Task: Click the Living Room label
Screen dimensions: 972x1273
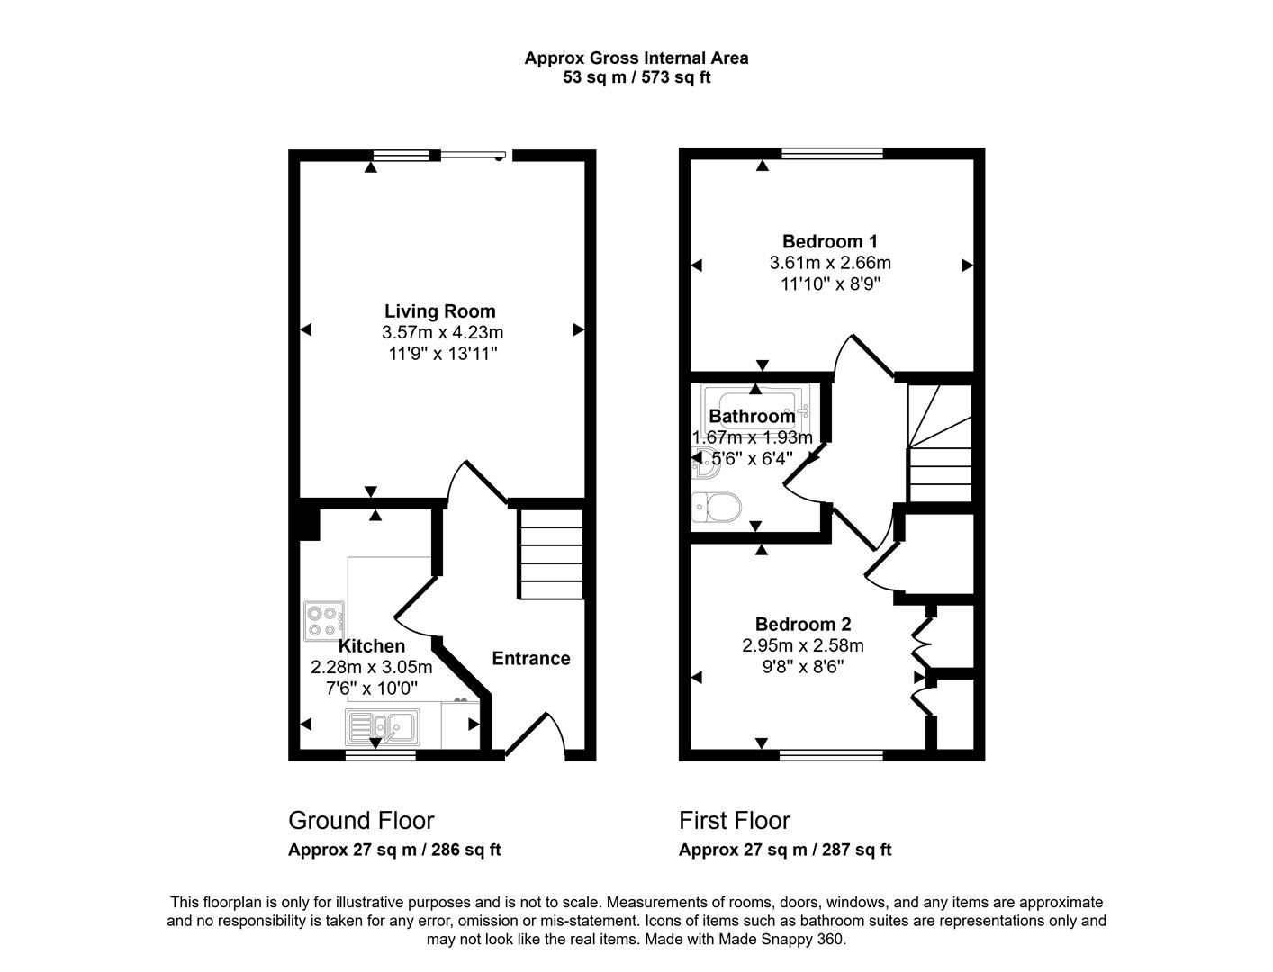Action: click(x=439, y=311)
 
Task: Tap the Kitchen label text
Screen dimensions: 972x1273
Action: click(x=371, y=646)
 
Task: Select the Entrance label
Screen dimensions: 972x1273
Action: click(x=530, y=659)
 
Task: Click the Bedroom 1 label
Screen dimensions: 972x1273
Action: click(x=829, y=241)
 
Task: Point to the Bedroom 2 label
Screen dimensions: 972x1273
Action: click(x=802, y=625)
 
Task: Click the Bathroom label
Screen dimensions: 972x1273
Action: click(x=752, y=417)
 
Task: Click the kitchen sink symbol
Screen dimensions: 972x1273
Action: click(x=382, y=725)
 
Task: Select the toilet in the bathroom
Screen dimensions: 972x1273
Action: click(x=716, y=508)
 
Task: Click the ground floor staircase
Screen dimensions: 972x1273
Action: click(x=550, y=554)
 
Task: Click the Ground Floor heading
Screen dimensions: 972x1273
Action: click(x=361, y=821)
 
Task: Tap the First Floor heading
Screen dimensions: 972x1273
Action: click(x=734, y=821)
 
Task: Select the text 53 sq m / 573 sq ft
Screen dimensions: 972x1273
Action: click(x=636, y=77)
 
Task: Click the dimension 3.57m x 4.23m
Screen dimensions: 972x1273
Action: click(x=442, y=333)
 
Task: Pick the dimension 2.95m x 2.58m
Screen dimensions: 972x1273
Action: click(x=802, y=645)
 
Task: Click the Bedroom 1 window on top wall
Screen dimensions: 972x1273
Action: click(x=832, y=154)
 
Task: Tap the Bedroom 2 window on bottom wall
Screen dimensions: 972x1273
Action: click(x=830, y=754)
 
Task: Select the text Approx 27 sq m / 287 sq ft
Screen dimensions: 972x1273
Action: click(x=784, y=850)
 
